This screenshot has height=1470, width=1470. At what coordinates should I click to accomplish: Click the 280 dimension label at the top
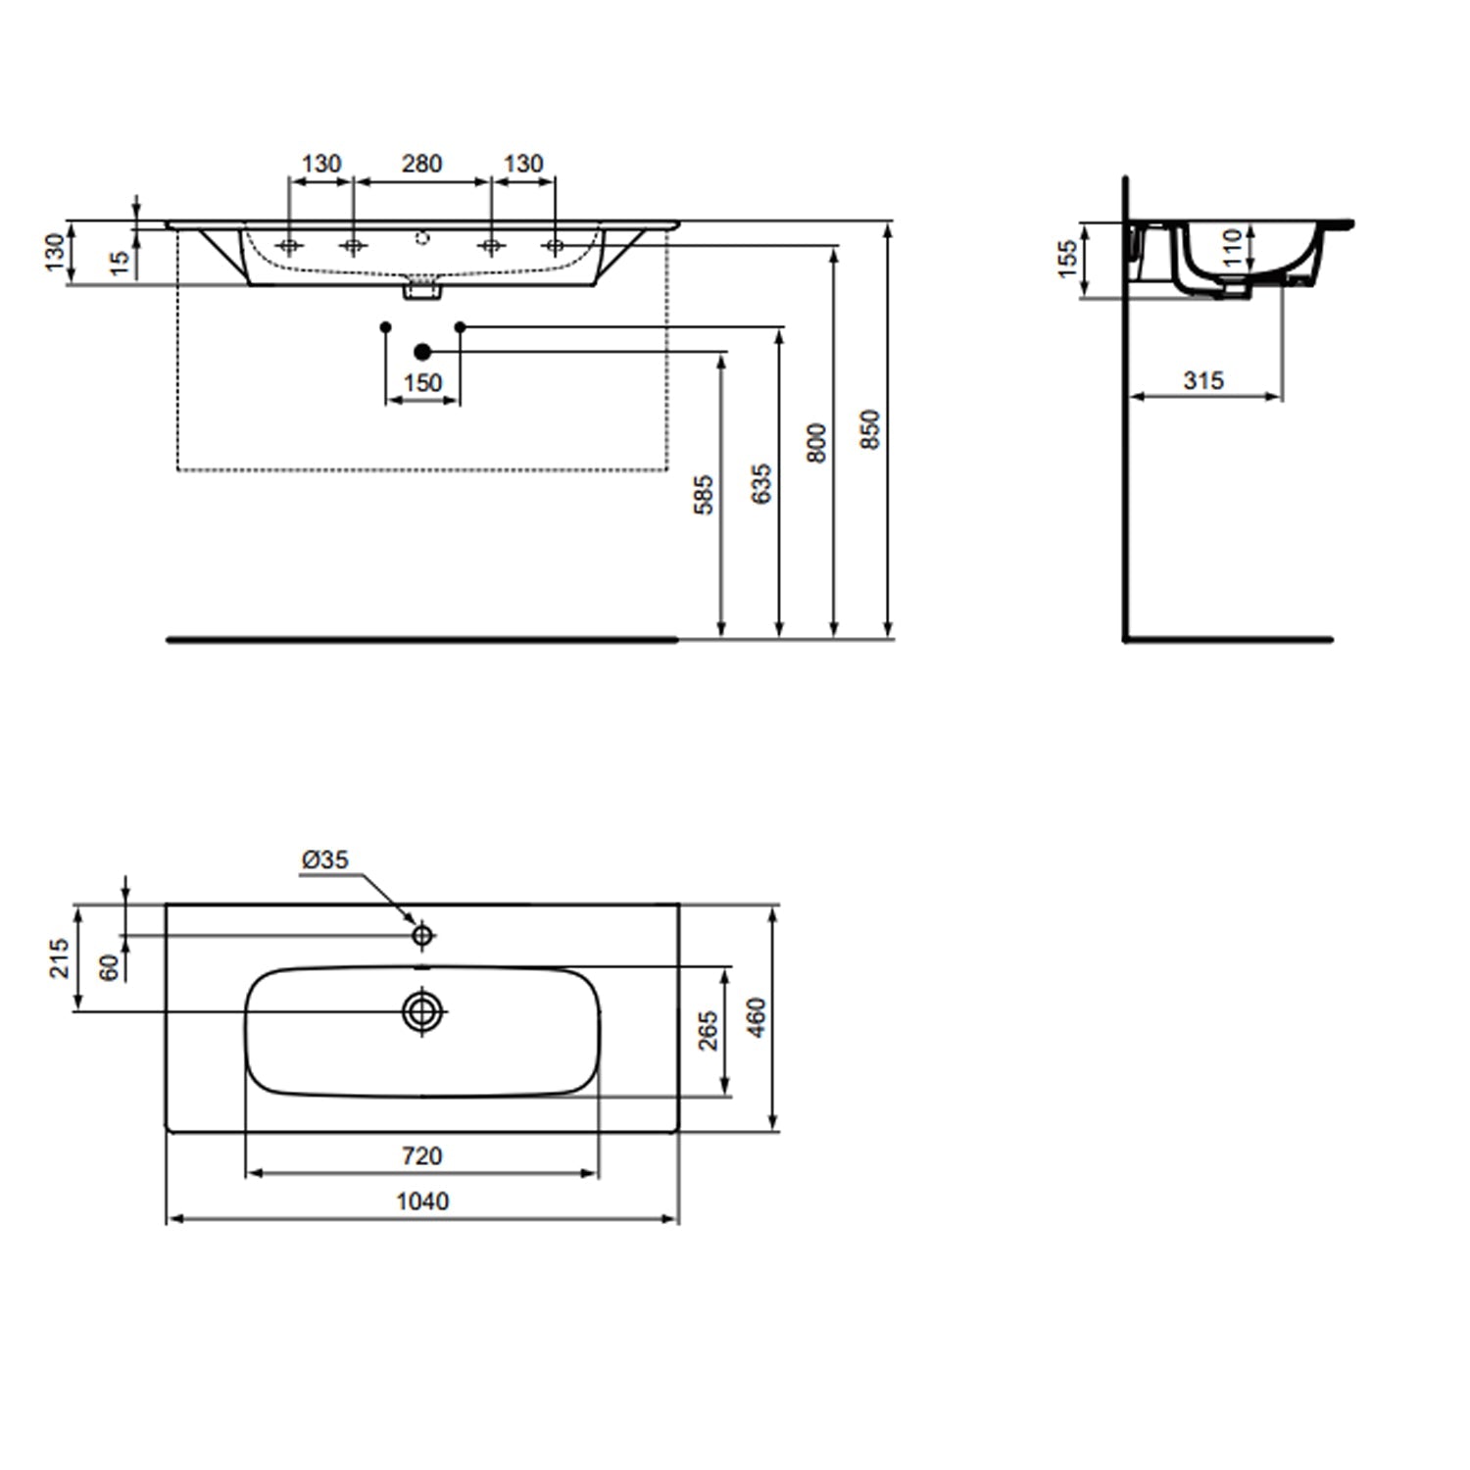tap(421, 164)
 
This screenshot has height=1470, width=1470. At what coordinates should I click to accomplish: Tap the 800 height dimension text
tap(816, 443)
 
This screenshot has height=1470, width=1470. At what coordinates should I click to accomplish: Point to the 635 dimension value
tap(761, 484)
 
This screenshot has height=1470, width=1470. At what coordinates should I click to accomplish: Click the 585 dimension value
tap(704, 495)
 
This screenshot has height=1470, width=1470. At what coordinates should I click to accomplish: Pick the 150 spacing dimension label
tap(422, 382)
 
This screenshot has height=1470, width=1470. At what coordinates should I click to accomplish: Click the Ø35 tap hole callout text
tap(325, 859)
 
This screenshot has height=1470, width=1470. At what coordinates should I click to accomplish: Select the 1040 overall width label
tap(421, 1200)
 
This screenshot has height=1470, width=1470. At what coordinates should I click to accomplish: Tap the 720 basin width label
tap(421, 1156)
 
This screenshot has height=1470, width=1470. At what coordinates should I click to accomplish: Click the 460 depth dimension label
tap(757, 1017)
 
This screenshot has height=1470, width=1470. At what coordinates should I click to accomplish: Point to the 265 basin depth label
tap(708, 1030)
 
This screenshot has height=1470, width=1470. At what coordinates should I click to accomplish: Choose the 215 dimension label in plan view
tap(60, 957)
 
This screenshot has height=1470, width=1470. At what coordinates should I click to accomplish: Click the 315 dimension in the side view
tap(1203, 380)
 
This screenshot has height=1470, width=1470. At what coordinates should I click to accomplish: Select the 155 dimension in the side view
tap(1068, 259)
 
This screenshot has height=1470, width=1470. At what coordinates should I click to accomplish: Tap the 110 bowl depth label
tap(1233, 248)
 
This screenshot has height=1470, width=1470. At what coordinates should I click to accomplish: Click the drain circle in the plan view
tap(422, 1010)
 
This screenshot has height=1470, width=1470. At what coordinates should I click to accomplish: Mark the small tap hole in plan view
tap(422, 936)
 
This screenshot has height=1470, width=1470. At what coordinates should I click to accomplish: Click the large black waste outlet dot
tap(422, 351)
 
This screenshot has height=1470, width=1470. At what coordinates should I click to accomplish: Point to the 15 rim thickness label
tap(120, 262)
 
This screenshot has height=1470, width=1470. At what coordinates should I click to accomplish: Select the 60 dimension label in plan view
tap(110, 966)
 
